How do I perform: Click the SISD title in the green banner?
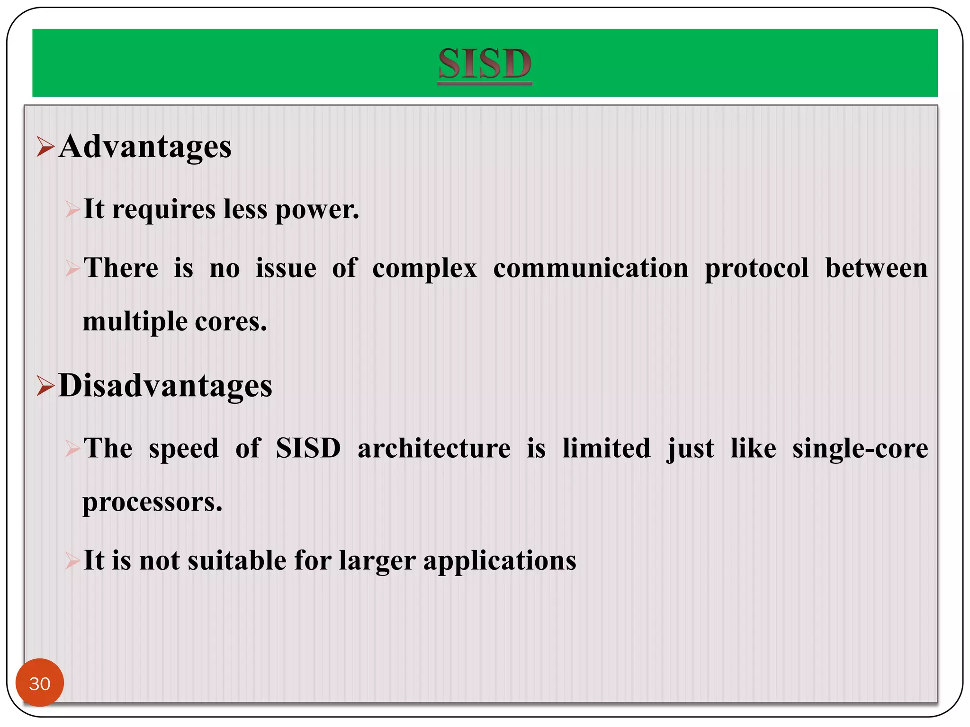(485, 63)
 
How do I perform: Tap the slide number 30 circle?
(40, 683)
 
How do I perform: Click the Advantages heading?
(145, 147)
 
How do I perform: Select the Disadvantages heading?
(165, 386)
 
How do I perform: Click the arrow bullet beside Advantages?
(45, 146)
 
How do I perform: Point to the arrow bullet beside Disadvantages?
(45, 386)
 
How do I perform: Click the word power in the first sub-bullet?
(317, 210)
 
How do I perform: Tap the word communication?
(591, 268)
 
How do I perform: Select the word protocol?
(756, 268)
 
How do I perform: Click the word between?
(876, 268)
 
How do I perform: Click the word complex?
(424, 268)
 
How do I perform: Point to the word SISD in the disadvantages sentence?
(308, 448)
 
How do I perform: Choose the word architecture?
(434, 448)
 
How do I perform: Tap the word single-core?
(860, 448)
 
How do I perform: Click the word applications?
(500, 561)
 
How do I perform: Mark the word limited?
(606, 448)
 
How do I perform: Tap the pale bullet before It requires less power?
(72, 209)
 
